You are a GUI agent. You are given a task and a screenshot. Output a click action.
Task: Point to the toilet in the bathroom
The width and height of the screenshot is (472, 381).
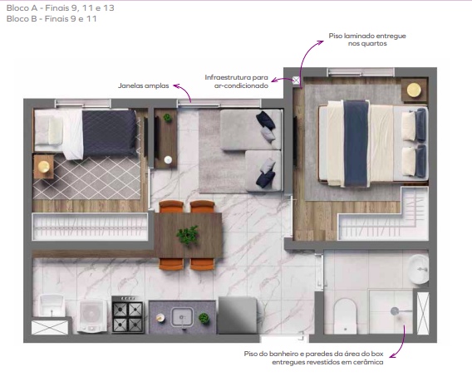pos(346,315)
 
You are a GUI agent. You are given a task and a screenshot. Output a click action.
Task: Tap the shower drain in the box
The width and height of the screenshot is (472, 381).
pos(395,312)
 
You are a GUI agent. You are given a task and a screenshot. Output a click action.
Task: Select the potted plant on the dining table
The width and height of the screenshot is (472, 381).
pos(189,236)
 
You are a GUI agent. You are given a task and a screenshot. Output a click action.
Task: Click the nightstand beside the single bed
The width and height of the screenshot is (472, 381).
pos(43,167)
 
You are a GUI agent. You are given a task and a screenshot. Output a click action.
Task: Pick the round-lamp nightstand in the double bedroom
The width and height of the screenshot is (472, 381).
pos(413,90)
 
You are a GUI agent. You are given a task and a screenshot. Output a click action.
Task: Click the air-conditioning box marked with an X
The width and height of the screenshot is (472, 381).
pos(296,81)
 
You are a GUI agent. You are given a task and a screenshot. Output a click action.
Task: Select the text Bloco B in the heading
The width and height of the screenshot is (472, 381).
pos(21,19)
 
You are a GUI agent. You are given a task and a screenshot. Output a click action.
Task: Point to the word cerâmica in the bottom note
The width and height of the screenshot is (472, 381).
pos(366,362)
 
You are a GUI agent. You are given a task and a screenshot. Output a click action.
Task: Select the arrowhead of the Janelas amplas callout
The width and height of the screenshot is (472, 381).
pos(190,103)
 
